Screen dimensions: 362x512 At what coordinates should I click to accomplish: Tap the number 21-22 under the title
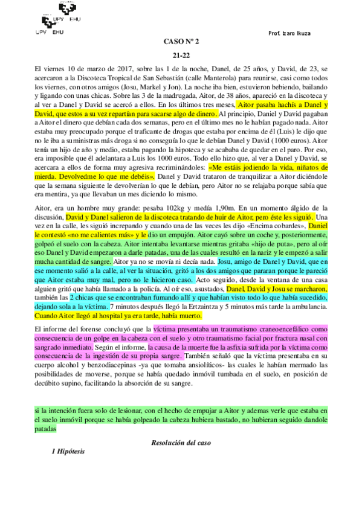181,55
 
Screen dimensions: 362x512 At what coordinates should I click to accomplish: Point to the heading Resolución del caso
181,443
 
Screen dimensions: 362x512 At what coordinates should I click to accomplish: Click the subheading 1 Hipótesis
69,451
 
